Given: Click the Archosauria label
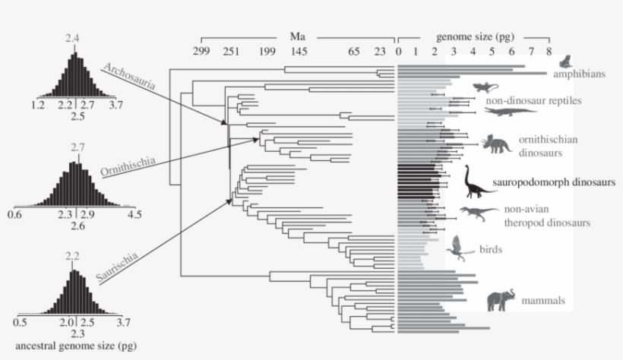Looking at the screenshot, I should (x=130, y=77).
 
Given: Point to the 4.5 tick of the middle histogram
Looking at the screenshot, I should (x=134, y=216).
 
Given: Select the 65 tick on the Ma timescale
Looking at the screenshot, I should (x=354, y=52).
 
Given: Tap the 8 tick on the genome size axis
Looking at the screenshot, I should (x=549, y=52).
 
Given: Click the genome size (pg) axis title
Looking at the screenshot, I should (x=473, y=36).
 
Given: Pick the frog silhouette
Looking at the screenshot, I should (x=564, y=61).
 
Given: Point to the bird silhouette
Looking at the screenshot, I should (x=460, y=245).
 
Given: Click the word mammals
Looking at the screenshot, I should (x=543, y=301).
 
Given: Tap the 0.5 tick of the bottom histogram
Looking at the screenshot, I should (x=21, y=321).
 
